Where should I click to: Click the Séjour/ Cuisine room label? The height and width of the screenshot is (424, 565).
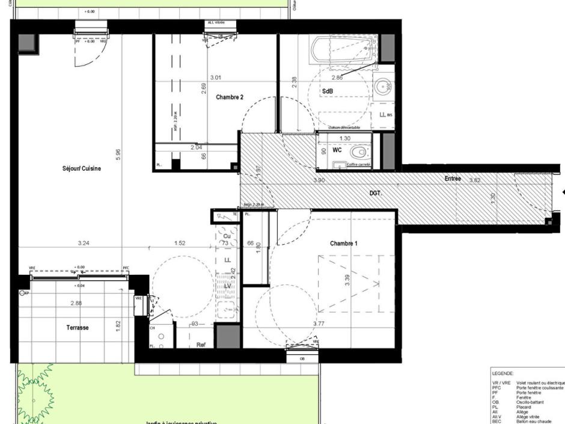[82, 169]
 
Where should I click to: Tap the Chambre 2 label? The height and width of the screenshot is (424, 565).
[229, 97]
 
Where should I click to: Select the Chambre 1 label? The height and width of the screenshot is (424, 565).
[344, 244]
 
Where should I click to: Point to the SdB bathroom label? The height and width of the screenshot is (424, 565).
[328, 91]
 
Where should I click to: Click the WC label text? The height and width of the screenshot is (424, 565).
[337, 150]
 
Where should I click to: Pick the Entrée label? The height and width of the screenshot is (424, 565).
[453, 179]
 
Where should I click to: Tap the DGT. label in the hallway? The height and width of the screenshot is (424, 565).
[376, 193]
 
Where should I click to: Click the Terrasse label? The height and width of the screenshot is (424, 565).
[78, 328]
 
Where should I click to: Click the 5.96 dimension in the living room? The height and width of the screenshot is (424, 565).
[118, 155]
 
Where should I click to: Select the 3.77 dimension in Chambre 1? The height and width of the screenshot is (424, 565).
[320, 324]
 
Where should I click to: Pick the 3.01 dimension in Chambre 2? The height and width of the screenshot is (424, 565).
[215, 78]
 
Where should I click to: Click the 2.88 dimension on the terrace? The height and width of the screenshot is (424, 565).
[76, 303]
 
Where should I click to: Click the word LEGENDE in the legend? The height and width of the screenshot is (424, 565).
[503, 373]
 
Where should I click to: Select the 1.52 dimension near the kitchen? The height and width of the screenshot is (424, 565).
[179, 244]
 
